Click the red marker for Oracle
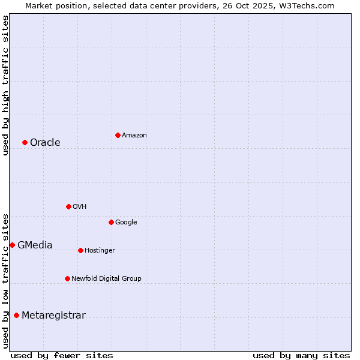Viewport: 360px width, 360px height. (25, 142)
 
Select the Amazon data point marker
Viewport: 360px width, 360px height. (118, 135)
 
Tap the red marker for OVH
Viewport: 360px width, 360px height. (68, 206)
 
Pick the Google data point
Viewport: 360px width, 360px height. (111, 222)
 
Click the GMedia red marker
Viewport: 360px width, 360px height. (12, 245)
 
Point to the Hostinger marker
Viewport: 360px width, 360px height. (80, 250)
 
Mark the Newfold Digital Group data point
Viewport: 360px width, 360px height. (67, 278)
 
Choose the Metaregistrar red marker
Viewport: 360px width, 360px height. (16, 316)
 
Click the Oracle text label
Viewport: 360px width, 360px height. (45, 143)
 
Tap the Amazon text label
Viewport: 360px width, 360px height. (134, 136)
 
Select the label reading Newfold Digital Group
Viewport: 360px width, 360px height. (106, 278)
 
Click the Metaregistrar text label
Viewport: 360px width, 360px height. (53, 316)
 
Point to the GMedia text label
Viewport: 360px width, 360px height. (35, 245)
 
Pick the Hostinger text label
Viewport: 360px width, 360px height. (100, 251)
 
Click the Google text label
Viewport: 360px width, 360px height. (126, 223)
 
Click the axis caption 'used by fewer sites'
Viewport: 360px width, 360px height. (62, 355)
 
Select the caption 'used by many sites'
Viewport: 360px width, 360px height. (301, 355)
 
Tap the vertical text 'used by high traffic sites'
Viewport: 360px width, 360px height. (5, 85)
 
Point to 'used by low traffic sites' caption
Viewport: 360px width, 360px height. (5, 280)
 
